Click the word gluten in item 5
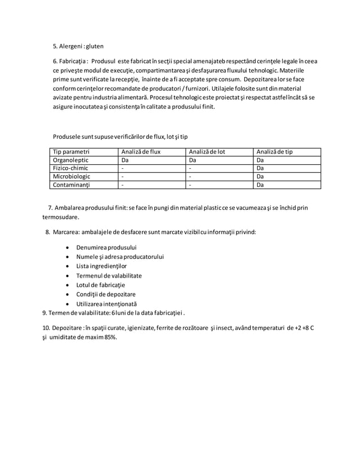coord(94,46)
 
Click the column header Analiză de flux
coord(141,152)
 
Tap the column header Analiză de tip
coord(274,152)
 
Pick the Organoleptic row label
coord(71,160)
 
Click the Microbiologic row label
coord(72,176)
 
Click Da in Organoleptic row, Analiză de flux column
coord(125,160)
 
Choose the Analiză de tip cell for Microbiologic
coord(260,176)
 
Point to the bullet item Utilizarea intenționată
coord(106,304)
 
